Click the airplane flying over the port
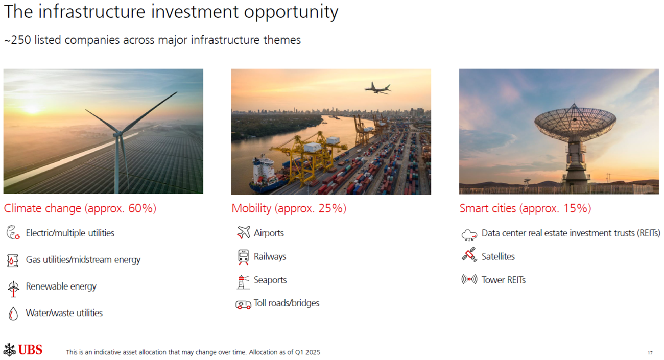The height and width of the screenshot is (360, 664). click(x=377, y=88)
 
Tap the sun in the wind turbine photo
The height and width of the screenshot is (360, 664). click(x=32, y=109)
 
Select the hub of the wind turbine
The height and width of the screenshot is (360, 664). click(x=117, y=134)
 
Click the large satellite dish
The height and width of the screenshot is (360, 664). click(x=575, y=122)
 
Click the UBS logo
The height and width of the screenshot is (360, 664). click(x=23, y=350)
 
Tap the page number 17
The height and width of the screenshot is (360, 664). click(x=650, y=352)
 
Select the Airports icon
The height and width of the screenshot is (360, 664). click(x=243, y=232)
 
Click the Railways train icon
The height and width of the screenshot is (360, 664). click(x=243, y=257)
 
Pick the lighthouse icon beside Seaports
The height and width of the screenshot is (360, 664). click(x=243, y=281)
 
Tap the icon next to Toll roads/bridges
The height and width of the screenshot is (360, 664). click(x=243, y=305)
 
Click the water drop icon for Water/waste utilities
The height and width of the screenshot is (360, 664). click(x=13, y=314)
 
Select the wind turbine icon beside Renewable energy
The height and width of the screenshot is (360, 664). click(x=13, y=289)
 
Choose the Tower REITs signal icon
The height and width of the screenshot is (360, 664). click(x=469, y=279)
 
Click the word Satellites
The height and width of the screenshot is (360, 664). click(x=498, y=256)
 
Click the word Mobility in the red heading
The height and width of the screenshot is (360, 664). click(x=251, y=208)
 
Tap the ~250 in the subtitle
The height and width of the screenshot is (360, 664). click(x=17, y=40)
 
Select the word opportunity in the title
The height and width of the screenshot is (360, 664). click(x=291, y=12)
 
